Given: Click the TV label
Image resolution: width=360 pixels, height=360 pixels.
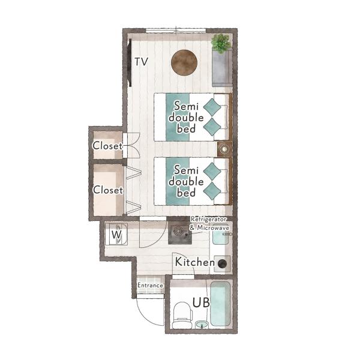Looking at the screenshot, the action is point(141,62).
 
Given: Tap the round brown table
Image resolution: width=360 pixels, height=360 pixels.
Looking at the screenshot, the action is point(184,62).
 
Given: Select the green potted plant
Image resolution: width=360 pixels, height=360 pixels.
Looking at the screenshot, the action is point(221,43).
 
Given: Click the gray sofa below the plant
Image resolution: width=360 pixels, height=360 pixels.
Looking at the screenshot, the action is point(222,68).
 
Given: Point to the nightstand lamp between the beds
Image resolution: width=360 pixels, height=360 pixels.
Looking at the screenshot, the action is point(224,149).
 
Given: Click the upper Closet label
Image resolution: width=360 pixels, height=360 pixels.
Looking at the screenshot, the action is point(107,146).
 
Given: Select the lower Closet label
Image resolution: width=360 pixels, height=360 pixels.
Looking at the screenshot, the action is point(108,190).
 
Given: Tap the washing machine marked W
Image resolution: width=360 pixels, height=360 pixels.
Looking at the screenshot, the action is point(116,234).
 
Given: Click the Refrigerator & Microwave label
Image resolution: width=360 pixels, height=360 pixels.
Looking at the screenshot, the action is point(209,224).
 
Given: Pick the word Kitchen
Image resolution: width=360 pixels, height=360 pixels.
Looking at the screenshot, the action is point(194,262).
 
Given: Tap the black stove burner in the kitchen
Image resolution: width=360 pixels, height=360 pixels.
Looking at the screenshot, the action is point(222,264).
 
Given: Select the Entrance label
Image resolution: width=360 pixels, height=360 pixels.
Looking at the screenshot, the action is point(150,286).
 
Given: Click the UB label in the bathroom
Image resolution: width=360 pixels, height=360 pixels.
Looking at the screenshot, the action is point(201,302).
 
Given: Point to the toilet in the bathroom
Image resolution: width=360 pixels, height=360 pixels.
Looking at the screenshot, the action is point(182,315).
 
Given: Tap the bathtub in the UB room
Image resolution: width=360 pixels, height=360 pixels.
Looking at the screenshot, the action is point(220,304).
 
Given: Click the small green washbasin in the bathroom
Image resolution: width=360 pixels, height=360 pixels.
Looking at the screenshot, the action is point(202,325).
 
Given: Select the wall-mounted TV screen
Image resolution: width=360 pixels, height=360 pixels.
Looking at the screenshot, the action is point(130,62).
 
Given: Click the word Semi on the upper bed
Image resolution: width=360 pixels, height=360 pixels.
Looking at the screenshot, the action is point(186,106).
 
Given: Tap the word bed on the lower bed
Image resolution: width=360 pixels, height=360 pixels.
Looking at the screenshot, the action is point(186,193).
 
